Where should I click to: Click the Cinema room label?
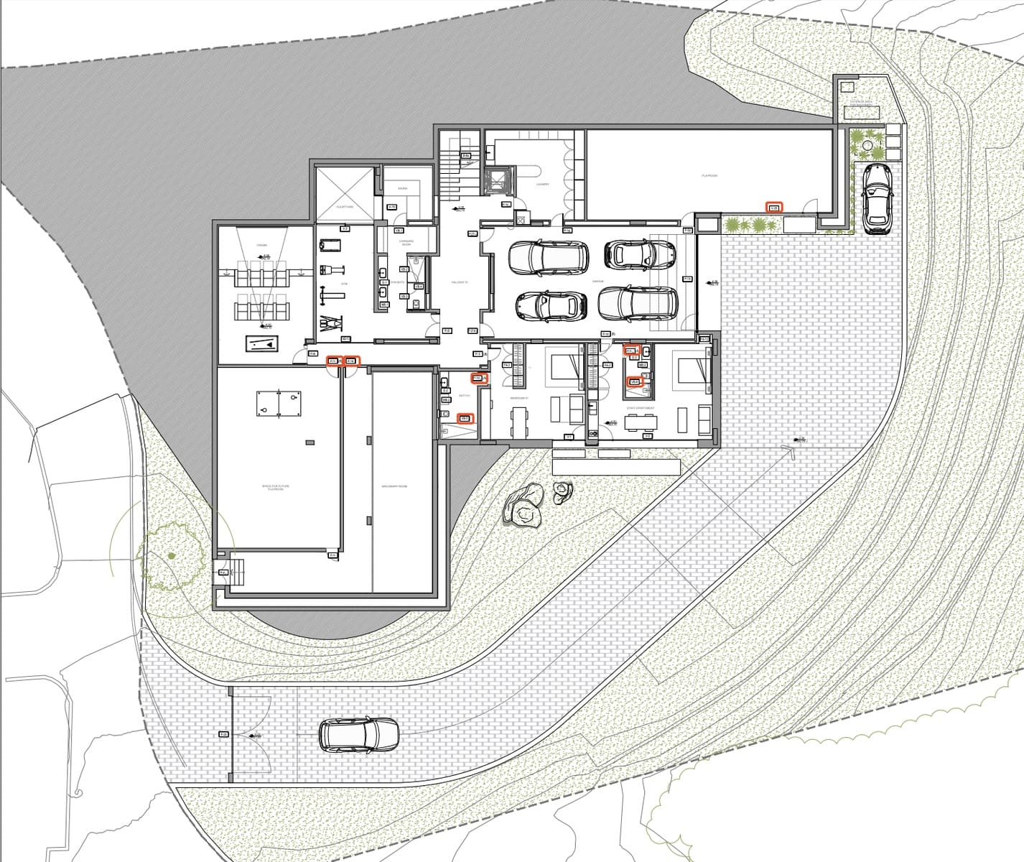click(x=262, y=246)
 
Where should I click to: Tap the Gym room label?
click(x=344, y=284)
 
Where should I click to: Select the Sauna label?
click(x=403, y=189)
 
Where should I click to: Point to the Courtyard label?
click(x=345, y=206)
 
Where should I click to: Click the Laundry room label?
click(x=542, y=185)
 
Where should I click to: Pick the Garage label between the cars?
click(x=598, y=282)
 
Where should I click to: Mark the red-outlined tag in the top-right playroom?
click(x=773, y=208)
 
